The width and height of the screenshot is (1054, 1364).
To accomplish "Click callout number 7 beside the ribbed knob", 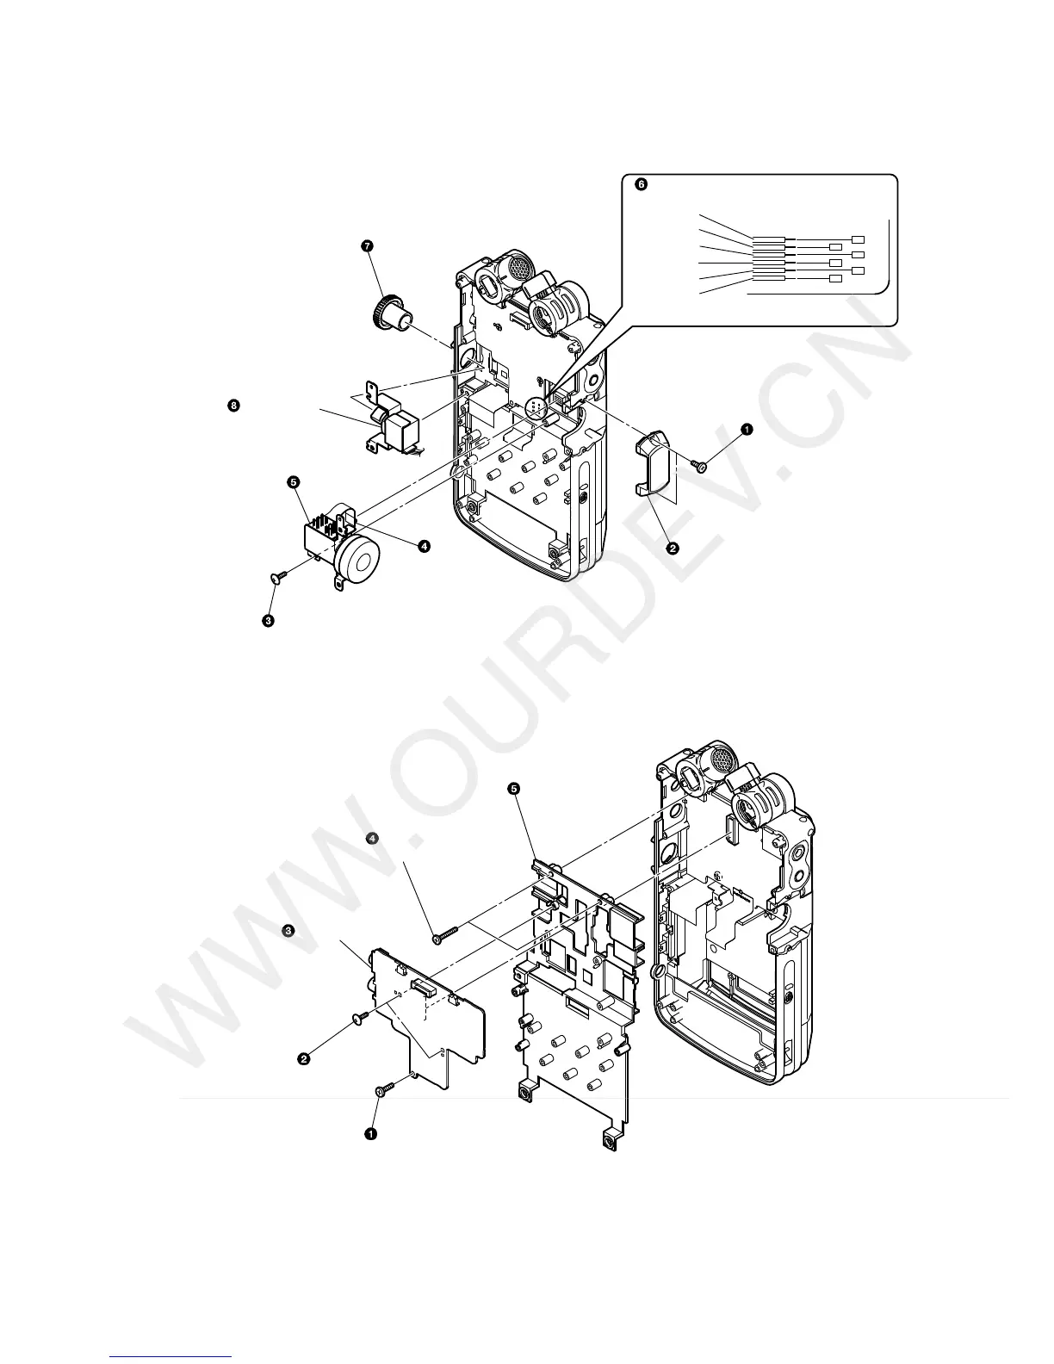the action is [x=368, y=245].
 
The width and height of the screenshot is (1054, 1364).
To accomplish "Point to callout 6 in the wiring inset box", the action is [x=639, y=183].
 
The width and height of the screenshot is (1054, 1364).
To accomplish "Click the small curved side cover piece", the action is [x=656, y=464].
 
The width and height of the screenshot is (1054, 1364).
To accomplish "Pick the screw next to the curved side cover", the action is [x=701, y=466].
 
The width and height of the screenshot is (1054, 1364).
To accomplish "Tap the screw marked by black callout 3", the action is [x=275, y=580].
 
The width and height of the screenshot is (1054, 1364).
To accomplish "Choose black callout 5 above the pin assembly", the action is [x=293, y=482].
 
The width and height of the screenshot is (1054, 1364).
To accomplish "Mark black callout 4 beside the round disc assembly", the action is [x=424, y=546].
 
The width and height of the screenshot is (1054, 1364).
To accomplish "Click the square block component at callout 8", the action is [x=401, y=430].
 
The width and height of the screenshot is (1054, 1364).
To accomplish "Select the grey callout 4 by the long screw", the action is [x=371, y=837].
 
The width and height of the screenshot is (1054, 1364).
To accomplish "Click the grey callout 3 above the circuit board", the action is [x=289, y=931].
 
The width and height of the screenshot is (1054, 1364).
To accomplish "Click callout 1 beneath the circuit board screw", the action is [x=371, y=1134].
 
